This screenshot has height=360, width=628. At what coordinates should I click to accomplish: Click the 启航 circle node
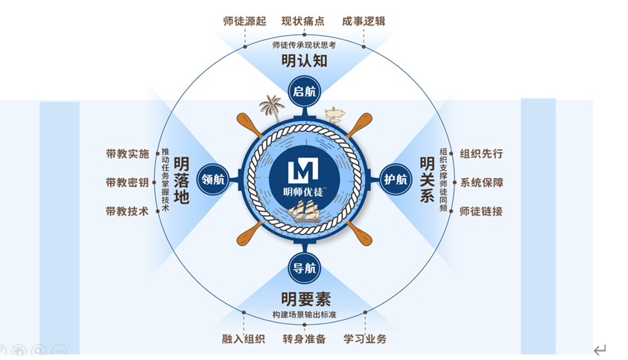(x=304, y=92)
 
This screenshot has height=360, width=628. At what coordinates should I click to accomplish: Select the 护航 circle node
(x=395, y=180)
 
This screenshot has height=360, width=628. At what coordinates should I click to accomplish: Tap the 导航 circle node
(x=304, y=268)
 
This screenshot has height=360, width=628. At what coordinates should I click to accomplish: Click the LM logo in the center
(x=304, y=171)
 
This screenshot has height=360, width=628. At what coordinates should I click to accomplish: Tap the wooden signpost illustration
(x=336, y=113)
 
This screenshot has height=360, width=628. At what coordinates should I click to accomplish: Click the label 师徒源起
(x=244, y=21)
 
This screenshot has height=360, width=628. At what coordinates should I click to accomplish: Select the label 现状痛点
(x=303, y=21)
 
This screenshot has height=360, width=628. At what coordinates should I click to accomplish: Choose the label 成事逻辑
(x=364, y=21)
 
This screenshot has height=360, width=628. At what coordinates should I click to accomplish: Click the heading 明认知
(x=304, y=61)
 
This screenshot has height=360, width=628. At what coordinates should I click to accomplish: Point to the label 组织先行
(x=481, y=154)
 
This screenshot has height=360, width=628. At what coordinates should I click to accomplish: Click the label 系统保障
(x=481, y=183)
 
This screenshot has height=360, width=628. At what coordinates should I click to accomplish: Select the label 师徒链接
(x=481, y=211)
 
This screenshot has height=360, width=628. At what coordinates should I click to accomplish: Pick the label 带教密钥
(x=127, y=183)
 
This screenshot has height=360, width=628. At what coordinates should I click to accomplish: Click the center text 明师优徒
(x=304, y=191)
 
